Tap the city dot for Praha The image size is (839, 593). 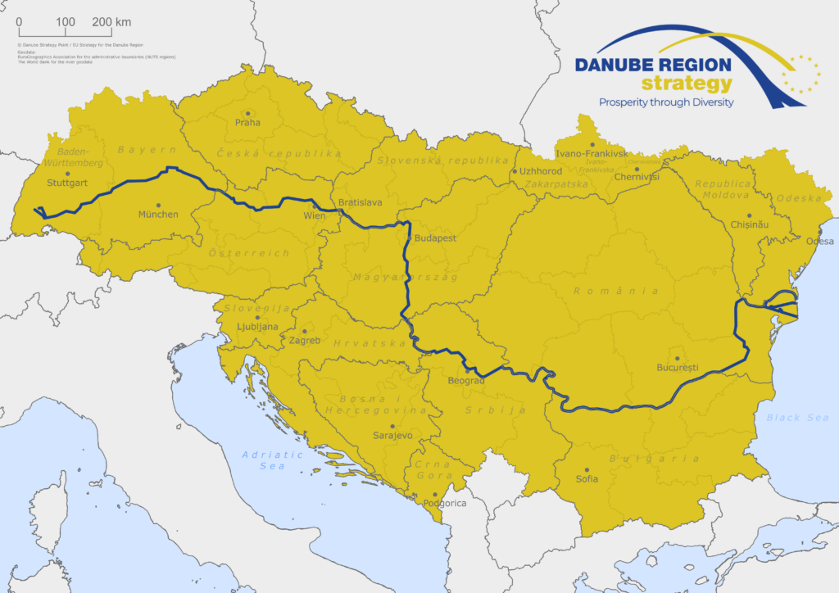coord(247,113)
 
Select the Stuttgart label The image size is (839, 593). coord(67,183)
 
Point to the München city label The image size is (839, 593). coord(158,215)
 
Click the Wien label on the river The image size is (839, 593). coord(315,216)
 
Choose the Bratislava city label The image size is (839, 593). coord(360,201)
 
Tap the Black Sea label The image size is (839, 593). coord(797,418)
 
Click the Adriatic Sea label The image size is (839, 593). coord(273,460)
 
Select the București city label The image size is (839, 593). coord(677,368)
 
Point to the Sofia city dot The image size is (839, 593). coord(587,469)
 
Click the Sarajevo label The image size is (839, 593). coord(392,436)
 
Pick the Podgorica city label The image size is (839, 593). coord(445,504)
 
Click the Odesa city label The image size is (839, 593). coord(819,242)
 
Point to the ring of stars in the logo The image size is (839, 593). coord(800,74)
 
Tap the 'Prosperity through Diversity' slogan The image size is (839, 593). coord(666,102)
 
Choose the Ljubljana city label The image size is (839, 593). coord(257,326)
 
